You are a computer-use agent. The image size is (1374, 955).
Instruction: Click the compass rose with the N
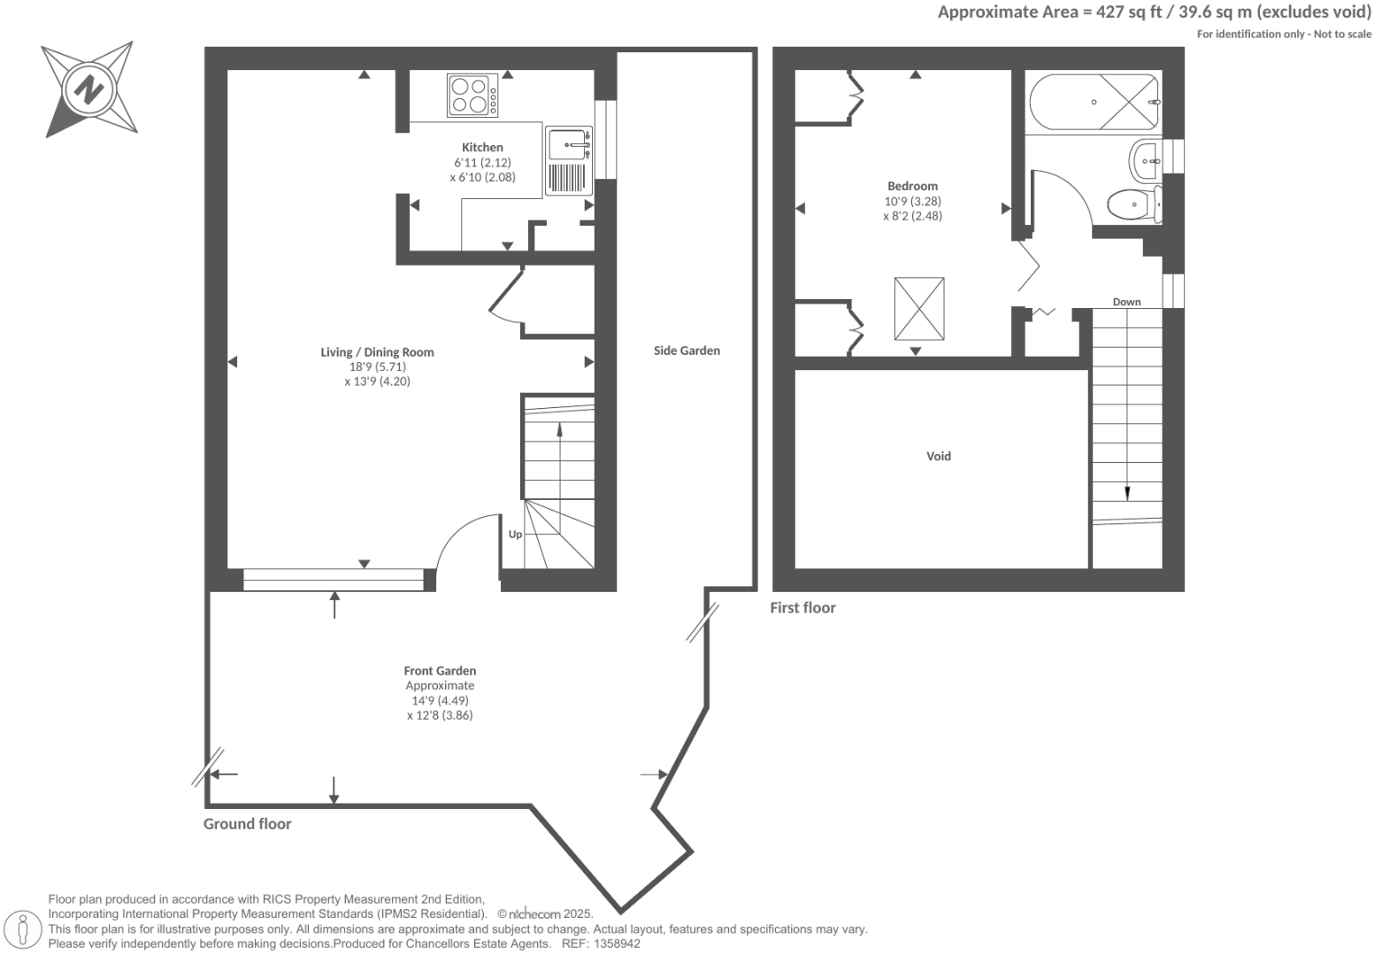88,89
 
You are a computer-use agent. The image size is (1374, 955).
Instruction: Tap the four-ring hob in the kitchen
472,96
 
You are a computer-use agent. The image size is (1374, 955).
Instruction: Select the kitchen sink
567,143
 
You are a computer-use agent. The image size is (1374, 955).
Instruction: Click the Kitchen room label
482,147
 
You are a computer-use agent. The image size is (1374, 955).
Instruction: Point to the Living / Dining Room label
377,352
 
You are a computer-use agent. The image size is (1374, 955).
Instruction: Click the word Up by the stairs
515,535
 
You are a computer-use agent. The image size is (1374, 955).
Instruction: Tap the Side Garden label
687,350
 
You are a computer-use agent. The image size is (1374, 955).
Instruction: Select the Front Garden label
440,671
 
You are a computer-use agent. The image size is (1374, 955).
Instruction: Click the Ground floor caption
247,824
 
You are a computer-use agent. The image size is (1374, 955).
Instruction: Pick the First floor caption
802,608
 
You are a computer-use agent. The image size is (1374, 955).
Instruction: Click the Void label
939,457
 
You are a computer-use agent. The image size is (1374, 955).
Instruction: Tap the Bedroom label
912,186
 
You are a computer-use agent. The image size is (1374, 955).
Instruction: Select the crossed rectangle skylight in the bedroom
919,308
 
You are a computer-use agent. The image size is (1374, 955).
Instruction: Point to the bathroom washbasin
1147,160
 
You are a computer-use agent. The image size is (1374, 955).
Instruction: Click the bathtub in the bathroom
1093,103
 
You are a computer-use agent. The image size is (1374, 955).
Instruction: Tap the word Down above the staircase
1126,302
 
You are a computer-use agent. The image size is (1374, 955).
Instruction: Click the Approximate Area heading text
1154,12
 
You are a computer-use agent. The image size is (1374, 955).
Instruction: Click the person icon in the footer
24,929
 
